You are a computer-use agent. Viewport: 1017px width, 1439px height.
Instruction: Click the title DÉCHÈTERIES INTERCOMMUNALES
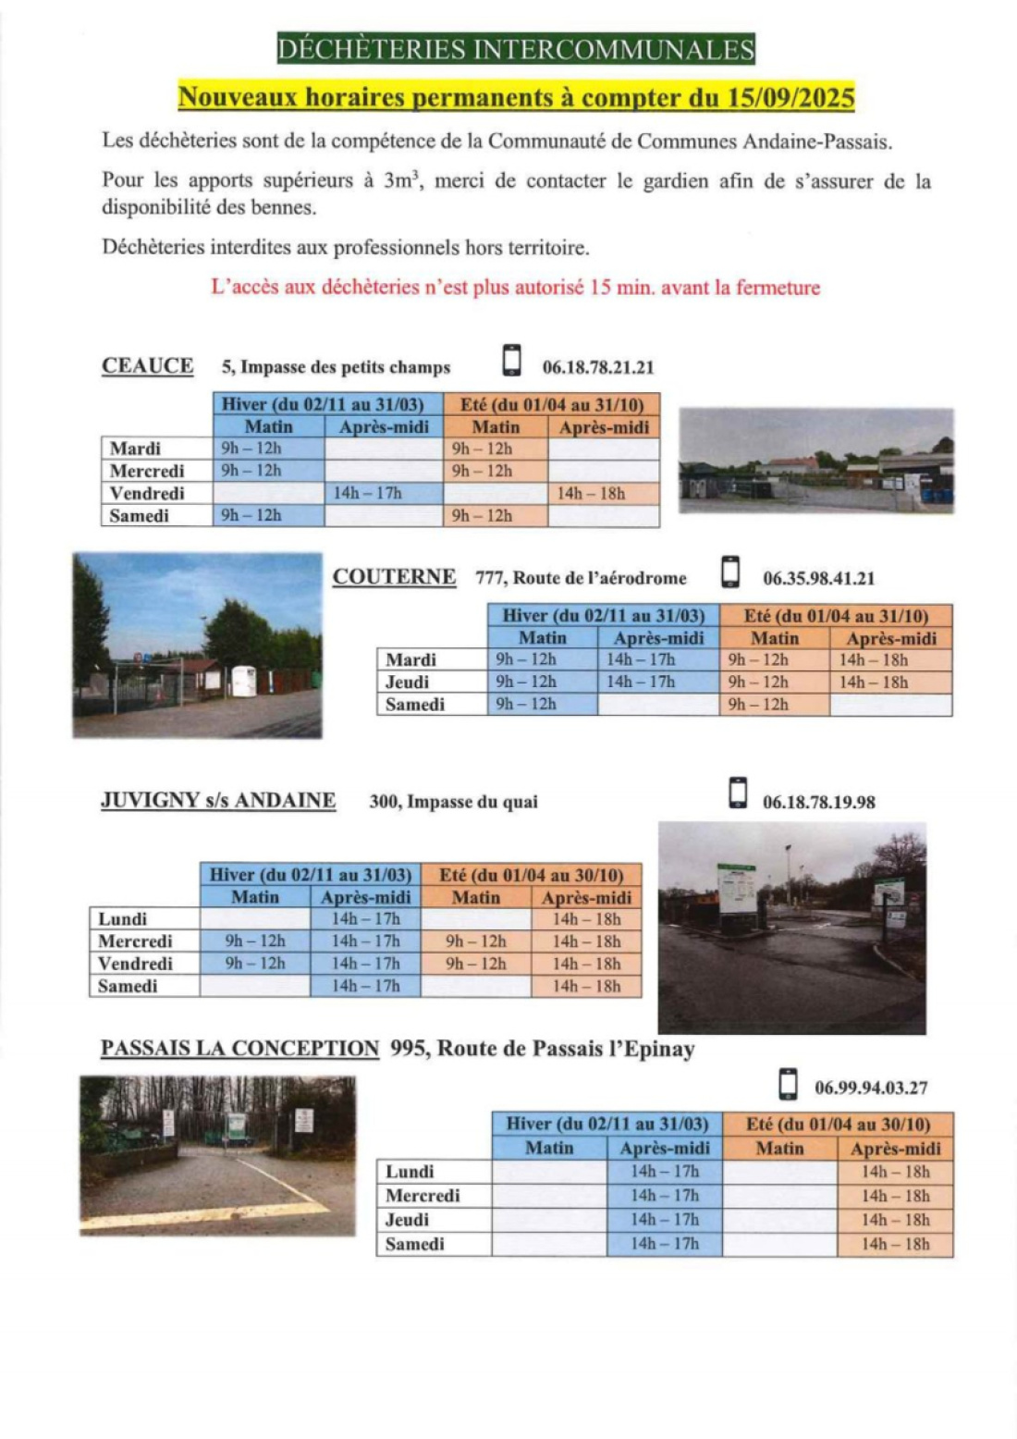point(516,49)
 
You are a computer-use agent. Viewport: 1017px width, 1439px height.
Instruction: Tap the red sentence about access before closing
point(515,288)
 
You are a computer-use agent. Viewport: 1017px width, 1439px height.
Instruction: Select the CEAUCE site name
point(148,366)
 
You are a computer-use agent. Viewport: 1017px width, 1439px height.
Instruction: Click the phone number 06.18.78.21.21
point(598,368)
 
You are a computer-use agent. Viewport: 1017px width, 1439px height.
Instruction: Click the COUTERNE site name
point(394,577)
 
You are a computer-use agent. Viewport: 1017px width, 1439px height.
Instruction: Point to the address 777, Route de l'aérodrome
point(581,579)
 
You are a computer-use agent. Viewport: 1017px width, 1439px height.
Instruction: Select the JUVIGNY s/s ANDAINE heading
point(218,801)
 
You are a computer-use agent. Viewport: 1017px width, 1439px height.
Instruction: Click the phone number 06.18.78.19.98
point(818,803)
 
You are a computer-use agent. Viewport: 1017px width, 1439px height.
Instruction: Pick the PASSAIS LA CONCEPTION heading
point(239,1049)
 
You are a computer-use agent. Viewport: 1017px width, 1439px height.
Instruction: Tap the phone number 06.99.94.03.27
point(871,1088)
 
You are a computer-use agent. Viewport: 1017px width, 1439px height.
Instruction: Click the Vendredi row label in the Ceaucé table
point(147,494)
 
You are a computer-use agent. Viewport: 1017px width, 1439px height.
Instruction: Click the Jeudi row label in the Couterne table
point(408,683)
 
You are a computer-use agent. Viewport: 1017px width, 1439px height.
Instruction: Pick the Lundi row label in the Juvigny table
point(123,919)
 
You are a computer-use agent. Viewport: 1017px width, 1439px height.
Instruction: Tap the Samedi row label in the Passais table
point(415,1245)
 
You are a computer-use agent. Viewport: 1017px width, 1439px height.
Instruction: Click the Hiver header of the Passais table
point(607,1125)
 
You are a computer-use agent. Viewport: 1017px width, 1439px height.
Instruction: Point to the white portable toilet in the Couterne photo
point(243,681)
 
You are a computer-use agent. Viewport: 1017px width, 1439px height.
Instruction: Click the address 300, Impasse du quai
point(453,803)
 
